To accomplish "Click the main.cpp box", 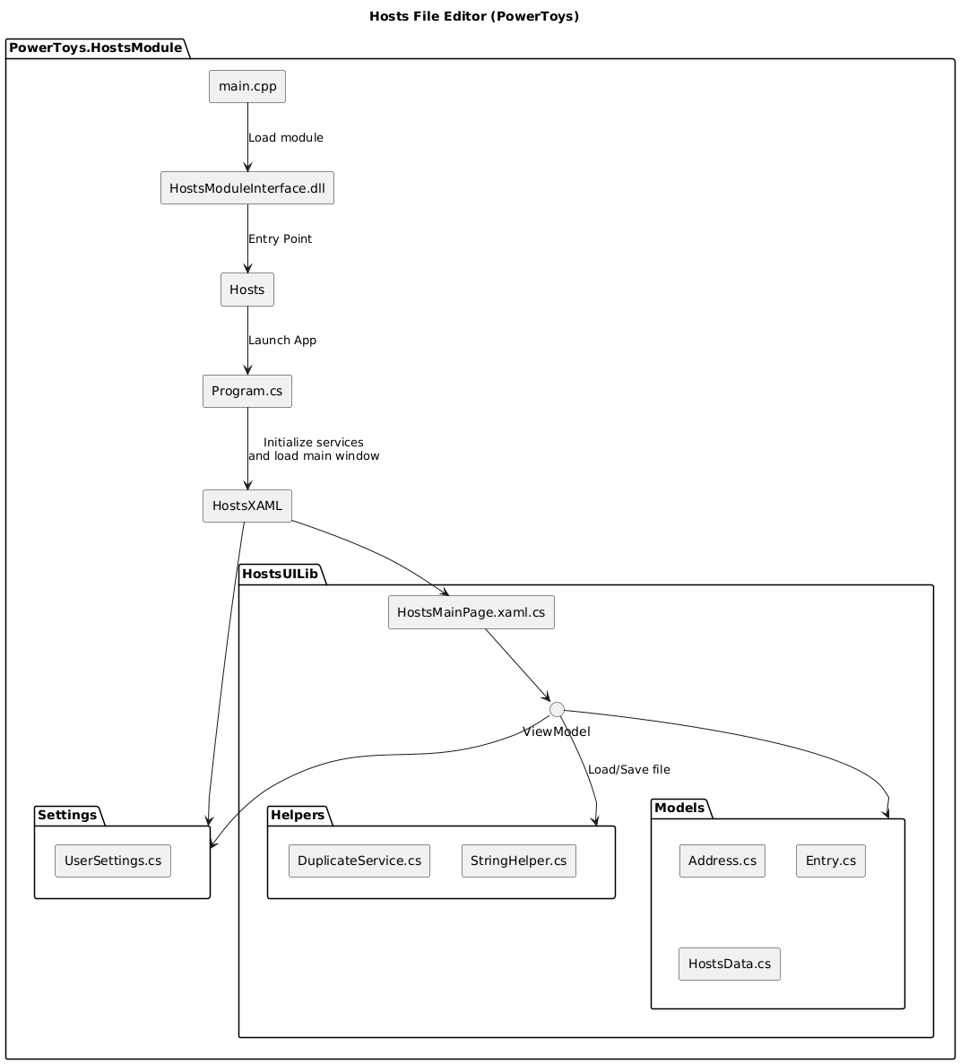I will (x=247, y=87).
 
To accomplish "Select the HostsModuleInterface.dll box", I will (x=247, y=188).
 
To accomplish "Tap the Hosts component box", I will (x=247, y=290).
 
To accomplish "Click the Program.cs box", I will (x=247, y=392).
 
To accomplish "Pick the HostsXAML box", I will (x=247, y=506).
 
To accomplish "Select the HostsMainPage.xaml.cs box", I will (x=471, y=612).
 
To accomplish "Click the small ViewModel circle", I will (x=557, y=709).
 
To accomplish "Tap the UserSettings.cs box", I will (x=113, y=861).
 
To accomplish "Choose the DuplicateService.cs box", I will (x=359, y=861).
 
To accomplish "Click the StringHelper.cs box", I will (x=519, y=861).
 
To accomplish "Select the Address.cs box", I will (x=722, y=861).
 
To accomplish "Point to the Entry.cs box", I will (x=831, y=861).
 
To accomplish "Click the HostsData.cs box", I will (x=730, y=964).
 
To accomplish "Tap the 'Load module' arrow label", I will (x=286, y=138).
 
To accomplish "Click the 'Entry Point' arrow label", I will (x=281, y=239).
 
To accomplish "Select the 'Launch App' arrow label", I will (x=282, y=341).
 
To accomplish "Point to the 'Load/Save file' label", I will (x=629, y=770).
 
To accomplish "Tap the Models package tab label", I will (x=680, y=809).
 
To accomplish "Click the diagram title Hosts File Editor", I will (x=480, y=16).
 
